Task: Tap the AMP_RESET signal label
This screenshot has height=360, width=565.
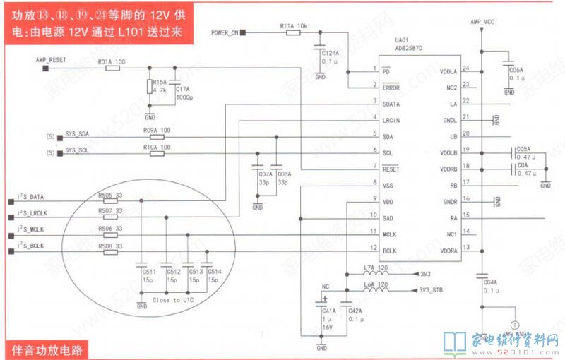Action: pos(51,61)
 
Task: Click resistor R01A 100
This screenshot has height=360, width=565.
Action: pos(112,68)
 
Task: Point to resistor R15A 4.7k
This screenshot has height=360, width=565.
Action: pos(149,87)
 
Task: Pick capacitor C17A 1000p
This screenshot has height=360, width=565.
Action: pos(174,87)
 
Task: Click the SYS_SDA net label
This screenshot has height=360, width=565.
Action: pos(77,134)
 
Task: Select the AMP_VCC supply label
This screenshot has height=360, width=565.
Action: pos(483,23)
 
